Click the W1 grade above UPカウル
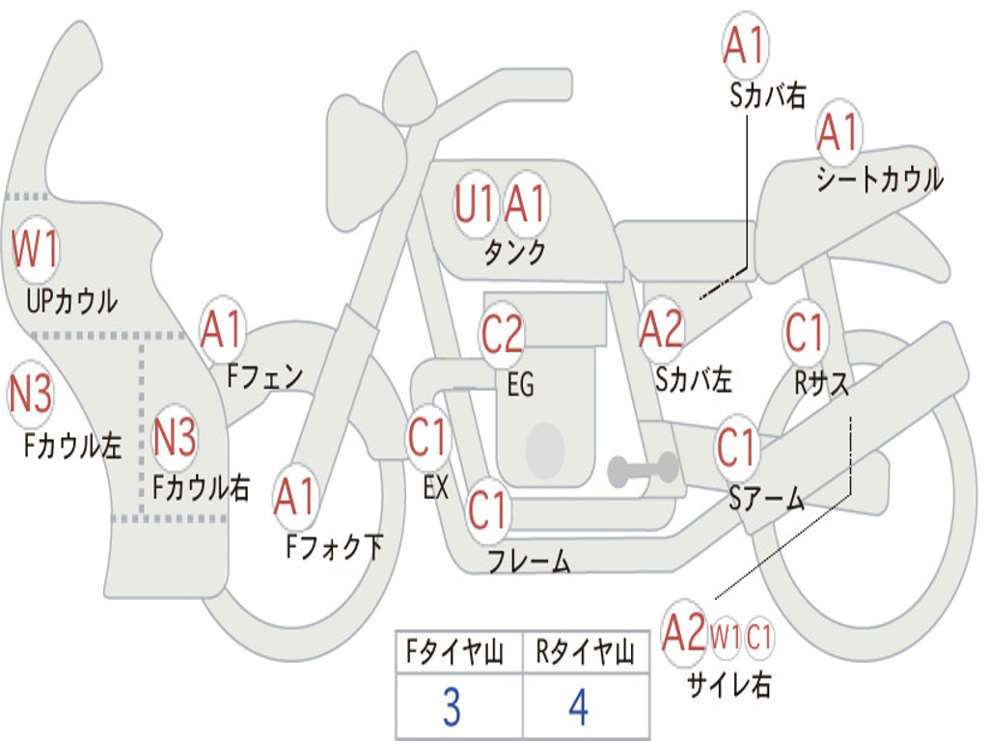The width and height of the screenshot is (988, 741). [36, 249]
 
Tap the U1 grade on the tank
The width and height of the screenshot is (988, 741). [475, 205]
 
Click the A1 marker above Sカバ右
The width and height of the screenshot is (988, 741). [744, 45]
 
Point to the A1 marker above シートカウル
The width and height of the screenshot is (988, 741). [837, 132]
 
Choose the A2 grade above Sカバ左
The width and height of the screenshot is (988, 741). [661, 329]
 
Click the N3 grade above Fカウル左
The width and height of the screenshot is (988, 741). [31, 394]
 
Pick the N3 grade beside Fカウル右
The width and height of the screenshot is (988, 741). [175, 437]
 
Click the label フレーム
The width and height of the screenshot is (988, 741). [529, 561]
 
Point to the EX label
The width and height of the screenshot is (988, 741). [435, 488]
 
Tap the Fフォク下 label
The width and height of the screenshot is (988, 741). [334, 547]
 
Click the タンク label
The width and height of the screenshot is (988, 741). [515, 253]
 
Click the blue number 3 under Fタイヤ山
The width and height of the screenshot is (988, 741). [451, 708]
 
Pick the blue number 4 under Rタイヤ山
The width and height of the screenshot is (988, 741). [578, 708]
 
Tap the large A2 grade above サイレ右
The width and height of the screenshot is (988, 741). [684, 633]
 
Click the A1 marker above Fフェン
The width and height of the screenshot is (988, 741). [222, 329]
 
